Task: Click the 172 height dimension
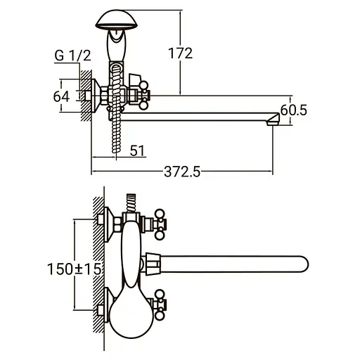[x=180, y=53]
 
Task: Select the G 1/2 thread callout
[x=72, y=56]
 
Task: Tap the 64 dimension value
[x=61, y=96]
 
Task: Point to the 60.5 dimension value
[x=293, y=110]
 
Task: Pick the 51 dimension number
[x=137, y=150]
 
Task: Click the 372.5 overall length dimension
[x=182, y=172]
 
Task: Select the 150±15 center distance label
[x=75, y=269]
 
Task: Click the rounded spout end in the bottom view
[x=304, y=264]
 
